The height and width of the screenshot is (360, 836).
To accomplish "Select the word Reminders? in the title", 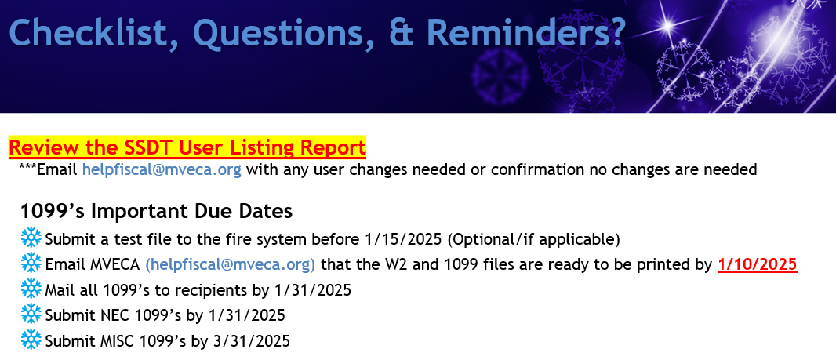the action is coord(526,32).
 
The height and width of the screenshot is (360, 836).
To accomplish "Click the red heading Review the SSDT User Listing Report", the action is coord(187,147).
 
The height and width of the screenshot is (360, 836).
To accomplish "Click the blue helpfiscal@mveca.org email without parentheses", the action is coord(162,170).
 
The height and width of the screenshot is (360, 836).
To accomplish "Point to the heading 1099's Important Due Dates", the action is coord(156,211).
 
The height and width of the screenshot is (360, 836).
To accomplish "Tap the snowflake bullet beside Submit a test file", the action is coord(31,238).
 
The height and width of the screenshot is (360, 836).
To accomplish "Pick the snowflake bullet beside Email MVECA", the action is coord(31,264).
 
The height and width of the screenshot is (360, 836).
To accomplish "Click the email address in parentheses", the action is coord(231,264).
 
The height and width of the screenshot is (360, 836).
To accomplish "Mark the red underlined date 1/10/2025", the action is coord(757,264).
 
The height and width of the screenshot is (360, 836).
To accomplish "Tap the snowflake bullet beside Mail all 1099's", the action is coord(31,289).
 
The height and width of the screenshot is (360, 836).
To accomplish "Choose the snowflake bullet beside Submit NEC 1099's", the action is coord(31,315).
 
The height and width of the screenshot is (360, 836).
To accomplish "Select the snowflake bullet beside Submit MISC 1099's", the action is coord(31,340).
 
